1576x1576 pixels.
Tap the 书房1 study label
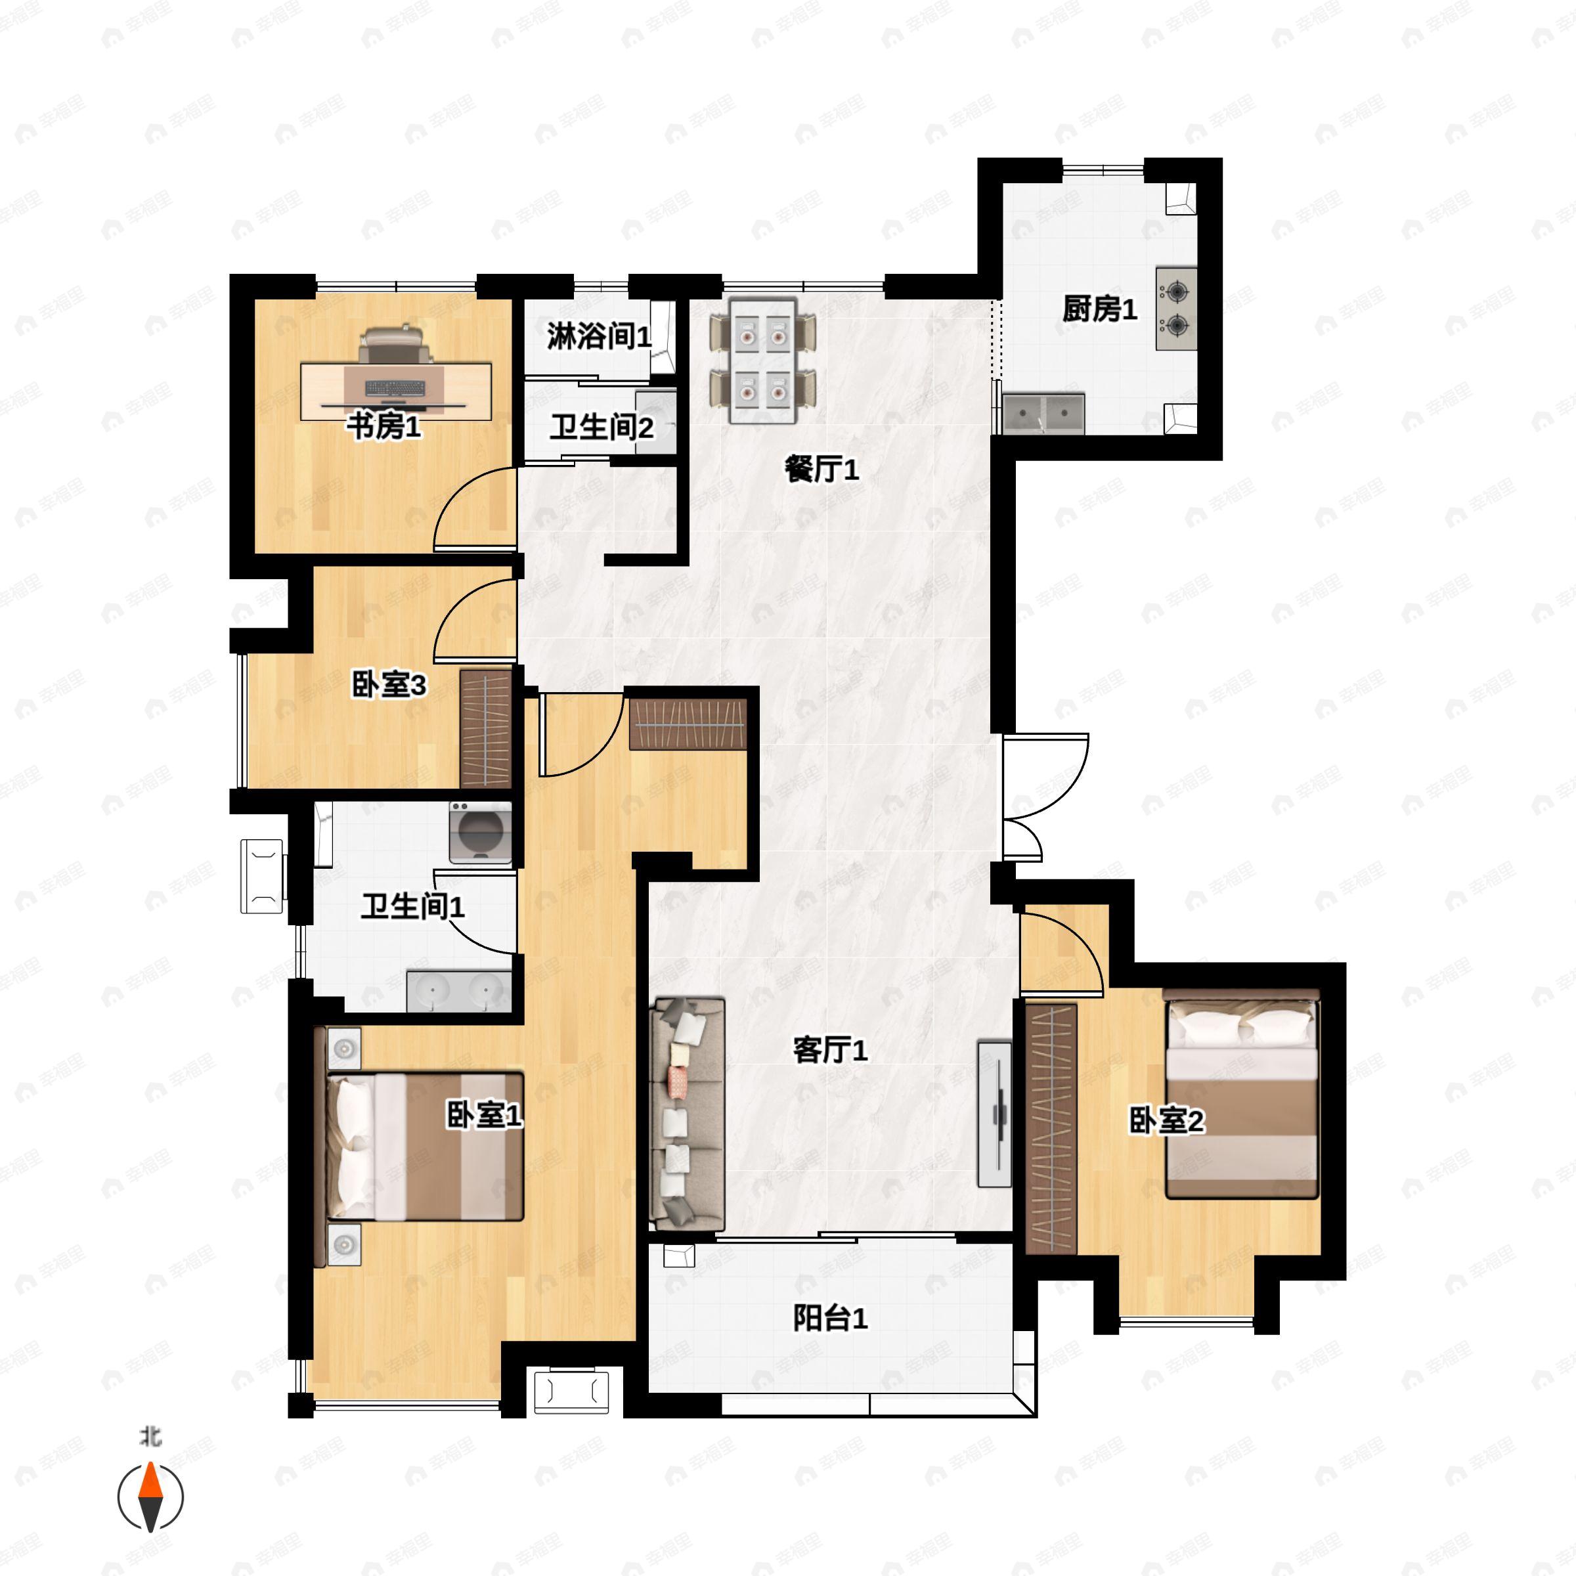pyautogui.click(x=383, y=426)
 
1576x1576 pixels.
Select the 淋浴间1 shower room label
pyautogui.click(x=600, y=336)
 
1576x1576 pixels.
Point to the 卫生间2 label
pyautogui.click(x=602, y=427)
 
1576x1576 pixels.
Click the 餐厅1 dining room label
pyautogui.click(x=821, y=470)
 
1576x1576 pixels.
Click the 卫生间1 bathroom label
pyautogui.click(x=413, y=906)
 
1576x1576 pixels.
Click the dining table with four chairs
pyautogui.click(x=764, y=361)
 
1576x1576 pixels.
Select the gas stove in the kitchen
pyautogui.click(x=1176, y=309)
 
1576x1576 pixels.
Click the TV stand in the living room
pyautogui.click(x=994, y=1114)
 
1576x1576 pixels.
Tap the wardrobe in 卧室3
pyautogui.click(x=486, y=728)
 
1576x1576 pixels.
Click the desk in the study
pyautogui.click(x=397, y=393)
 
